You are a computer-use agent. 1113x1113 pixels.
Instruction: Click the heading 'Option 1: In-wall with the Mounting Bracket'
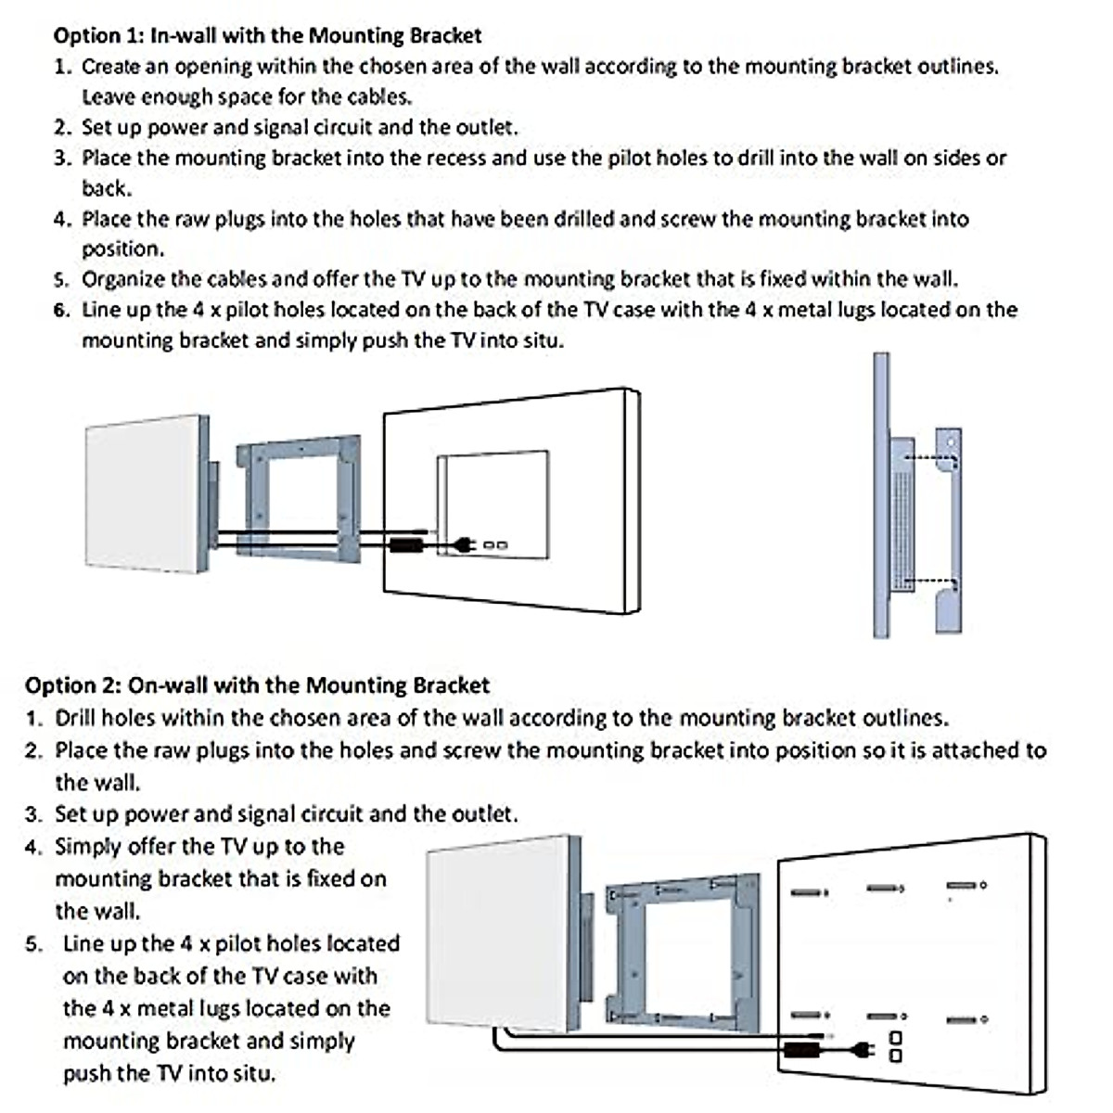[267, 36]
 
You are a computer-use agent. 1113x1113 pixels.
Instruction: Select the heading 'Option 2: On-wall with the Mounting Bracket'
[257, 686]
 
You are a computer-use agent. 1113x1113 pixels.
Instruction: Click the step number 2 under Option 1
[62, 128]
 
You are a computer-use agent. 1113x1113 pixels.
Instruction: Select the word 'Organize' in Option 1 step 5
[123, 279]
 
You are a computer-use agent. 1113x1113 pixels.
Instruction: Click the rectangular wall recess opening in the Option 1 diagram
[493, 501]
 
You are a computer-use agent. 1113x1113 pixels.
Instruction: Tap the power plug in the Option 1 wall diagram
[461, 545]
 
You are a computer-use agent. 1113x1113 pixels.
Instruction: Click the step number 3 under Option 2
[34, 815]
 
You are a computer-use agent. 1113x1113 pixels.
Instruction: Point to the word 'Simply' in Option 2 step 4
[88, 847]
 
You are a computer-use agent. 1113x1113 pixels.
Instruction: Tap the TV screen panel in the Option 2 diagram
[499, 932]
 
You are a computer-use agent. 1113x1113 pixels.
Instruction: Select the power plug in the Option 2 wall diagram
[862, 1051]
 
